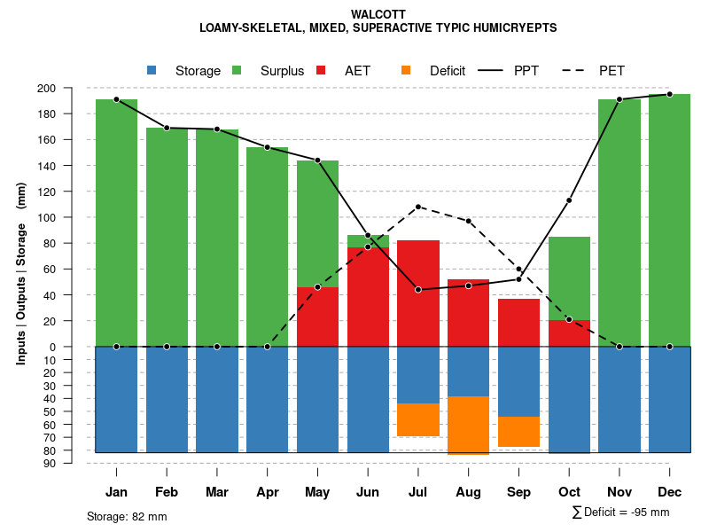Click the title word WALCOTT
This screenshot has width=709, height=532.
click(x=378, y=14)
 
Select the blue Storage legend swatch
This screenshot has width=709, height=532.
click(x=152, y=71)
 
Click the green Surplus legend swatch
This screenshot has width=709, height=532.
click(x=237, y=71)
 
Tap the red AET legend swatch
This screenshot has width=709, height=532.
click(x=321, y=71)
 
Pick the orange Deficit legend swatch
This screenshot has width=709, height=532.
click(x=406, y=71)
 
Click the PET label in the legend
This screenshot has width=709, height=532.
click(x=612, y=71)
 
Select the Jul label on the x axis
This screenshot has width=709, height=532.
click(x=418, y=492)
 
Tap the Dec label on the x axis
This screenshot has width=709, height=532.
click(x=670, y=492)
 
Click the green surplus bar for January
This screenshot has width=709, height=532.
click(x=117, y=222)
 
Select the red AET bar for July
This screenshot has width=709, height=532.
click(x=418, y=293)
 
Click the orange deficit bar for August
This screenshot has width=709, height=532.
click(x=469, y=425)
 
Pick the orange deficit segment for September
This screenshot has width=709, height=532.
click(x=518, y=432)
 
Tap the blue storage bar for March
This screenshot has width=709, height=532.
click(x=217, y=399)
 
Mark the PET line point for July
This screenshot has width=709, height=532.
click(x=418, y=207)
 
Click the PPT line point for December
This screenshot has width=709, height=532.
click(x=670, y=94)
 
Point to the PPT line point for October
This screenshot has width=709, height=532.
click(x=569, y=200)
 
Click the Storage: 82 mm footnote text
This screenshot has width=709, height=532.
click(x=127, y=516)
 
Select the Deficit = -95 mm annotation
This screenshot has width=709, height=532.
click(x=621, y=512)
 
